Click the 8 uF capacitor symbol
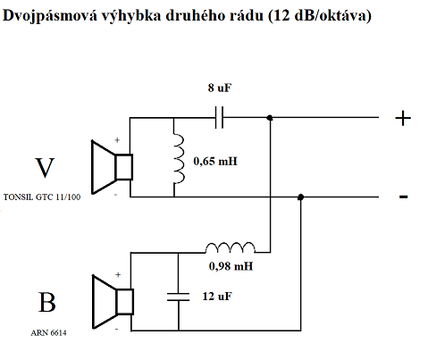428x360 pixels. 220,116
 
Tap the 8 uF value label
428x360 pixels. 220,88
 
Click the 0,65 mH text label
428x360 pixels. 216,163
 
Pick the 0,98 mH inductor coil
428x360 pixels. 231,247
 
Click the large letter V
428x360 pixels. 45,168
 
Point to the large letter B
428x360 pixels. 46,304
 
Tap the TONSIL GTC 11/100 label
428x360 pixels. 43,197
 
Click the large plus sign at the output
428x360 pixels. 404,118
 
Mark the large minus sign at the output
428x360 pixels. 404,197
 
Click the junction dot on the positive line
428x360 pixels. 271,117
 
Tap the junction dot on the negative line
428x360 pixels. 301,197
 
